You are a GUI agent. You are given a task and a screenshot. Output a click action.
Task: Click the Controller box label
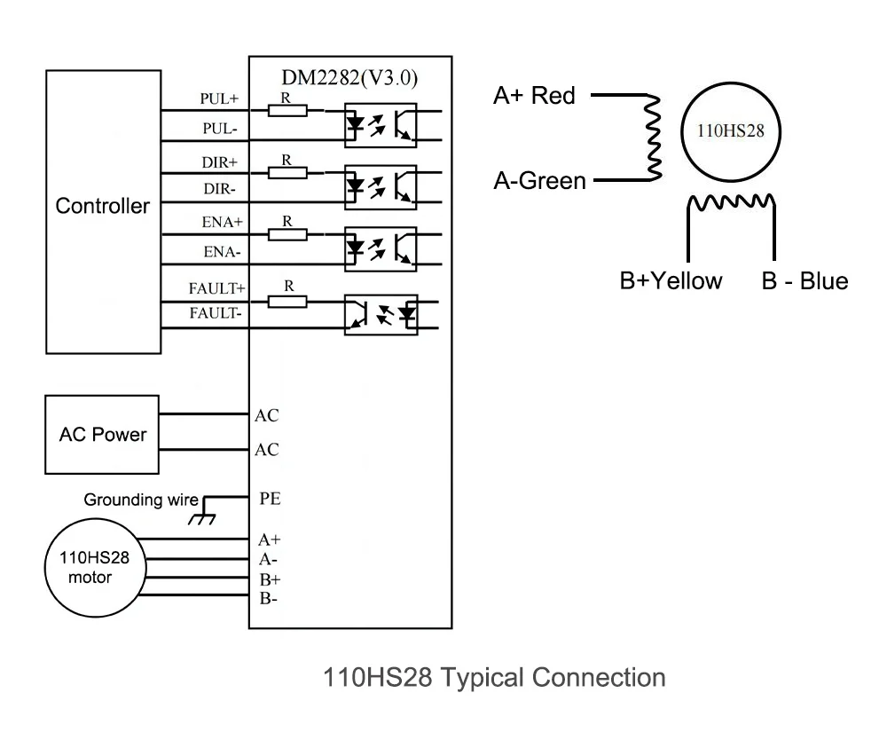pos(103,207)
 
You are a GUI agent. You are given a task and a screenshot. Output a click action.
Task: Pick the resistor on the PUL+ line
pos(287,110)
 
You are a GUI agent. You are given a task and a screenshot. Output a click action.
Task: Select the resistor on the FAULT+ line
pos(287,301)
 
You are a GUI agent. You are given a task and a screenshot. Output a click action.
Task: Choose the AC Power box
pos(103,435)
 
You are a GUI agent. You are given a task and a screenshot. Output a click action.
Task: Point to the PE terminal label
pos(270,499)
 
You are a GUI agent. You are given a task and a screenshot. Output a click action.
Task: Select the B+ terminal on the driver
pos(269,579)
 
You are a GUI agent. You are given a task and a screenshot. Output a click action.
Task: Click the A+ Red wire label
pos(534,96)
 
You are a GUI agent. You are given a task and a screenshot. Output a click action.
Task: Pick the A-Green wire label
pos(539,182)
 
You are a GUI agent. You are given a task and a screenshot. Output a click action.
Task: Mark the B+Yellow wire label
pos(671,281)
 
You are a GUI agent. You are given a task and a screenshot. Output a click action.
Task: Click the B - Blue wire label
pos(805,281)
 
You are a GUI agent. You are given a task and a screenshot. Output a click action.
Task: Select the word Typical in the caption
pos(483,678)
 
